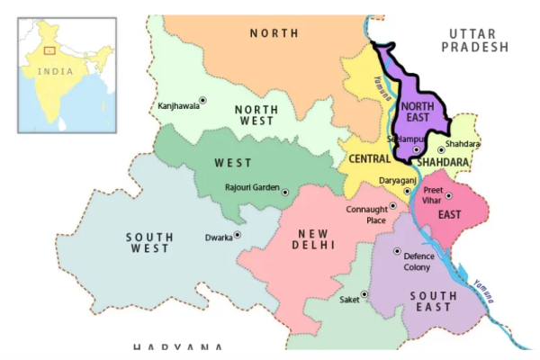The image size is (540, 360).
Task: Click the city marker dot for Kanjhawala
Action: pos(202,100)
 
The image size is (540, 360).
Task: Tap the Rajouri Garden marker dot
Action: pos(285,192)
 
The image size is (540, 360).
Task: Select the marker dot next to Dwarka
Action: pos(238,235)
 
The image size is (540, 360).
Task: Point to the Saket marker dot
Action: pos(364,294)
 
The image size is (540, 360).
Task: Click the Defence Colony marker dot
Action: pos(397,251)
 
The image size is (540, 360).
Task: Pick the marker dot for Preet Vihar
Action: pos(448,195)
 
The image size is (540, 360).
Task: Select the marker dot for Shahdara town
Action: pos(441,150)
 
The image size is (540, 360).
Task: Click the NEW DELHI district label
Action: pos(314,238)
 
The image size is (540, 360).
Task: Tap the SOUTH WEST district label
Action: pos(149,242)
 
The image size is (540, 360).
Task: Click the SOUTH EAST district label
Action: pos(433,301)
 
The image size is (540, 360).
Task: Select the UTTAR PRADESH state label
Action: pos(474,40)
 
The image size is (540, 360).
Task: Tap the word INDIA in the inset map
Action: pos(56,71)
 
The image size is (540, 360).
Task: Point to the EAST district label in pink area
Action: pos(449,215)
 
